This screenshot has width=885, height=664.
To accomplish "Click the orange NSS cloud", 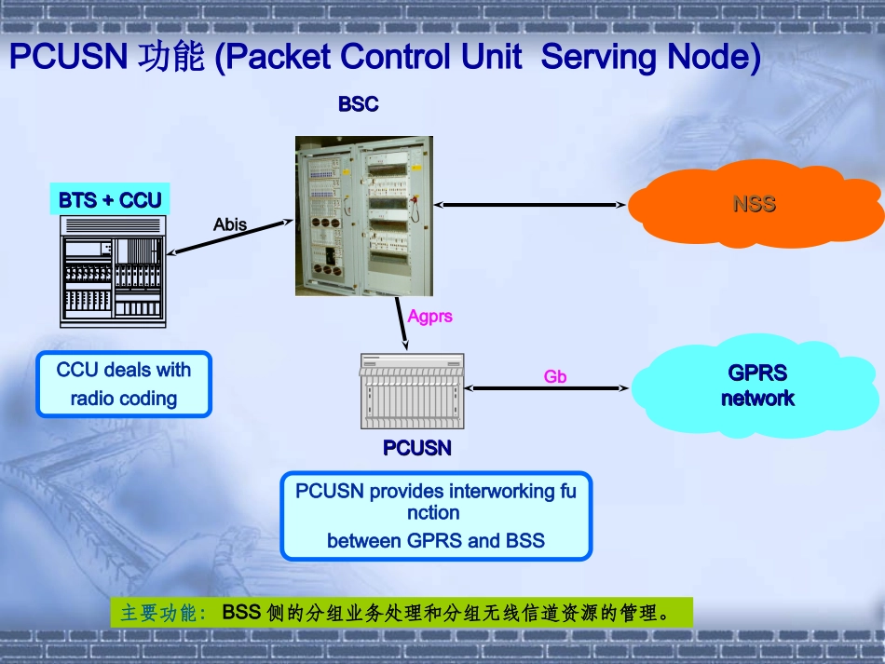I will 754,205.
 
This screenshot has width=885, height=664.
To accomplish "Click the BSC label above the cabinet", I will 359,104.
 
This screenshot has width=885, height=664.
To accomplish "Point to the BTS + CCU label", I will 110,199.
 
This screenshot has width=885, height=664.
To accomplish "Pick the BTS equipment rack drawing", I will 113,271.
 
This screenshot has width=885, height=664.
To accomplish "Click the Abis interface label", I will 230,224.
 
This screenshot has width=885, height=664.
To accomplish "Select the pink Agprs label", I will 429,317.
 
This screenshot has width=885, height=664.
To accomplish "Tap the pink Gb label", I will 555,376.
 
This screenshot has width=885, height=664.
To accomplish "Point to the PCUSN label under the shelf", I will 417,449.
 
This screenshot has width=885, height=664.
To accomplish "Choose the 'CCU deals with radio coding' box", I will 124,384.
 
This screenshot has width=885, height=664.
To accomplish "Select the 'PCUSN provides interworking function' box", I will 436,515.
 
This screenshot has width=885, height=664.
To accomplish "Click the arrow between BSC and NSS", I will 528,204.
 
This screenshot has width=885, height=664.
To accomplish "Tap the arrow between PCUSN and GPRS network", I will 546,387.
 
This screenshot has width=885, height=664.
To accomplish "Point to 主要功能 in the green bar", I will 158,614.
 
